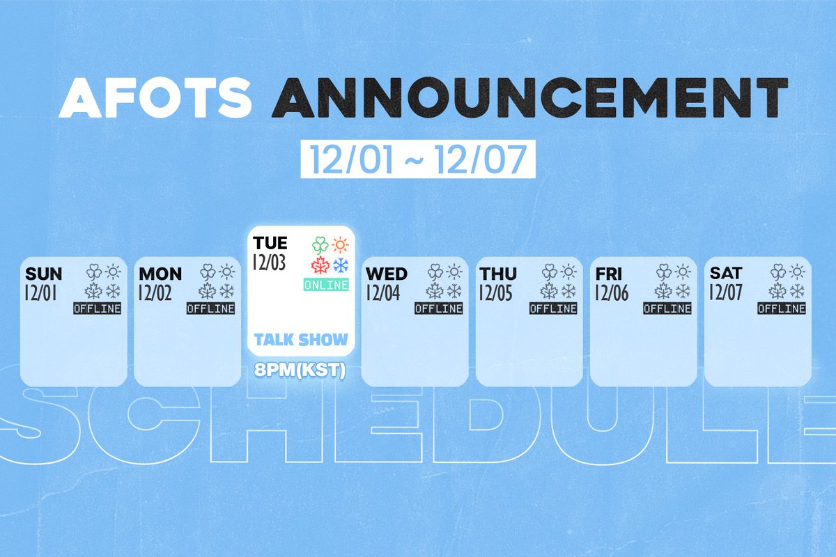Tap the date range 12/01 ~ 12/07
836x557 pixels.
(x=418, y=161)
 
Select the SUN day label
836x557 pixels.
(x=43, y=274)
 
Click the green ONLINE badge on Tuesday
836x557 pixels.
(x=326, y=285)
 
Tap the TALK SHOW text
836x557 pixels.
(x=300, y=340)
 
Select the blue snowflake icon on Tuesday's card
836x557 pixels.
(x=341, y=265)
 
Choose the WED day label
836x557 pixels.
(x=387, y=274)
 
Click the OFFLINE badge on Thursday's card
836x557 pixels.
(x=554, y=308)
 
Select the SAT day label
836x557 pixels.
(x=725, y=274)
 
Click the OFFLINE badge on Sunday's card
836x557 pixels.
(x=98, y=308)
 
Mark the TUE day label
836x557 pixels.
(x=270, y=244)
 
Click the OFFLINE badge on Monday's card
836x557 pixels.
(x=211, y=308)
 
